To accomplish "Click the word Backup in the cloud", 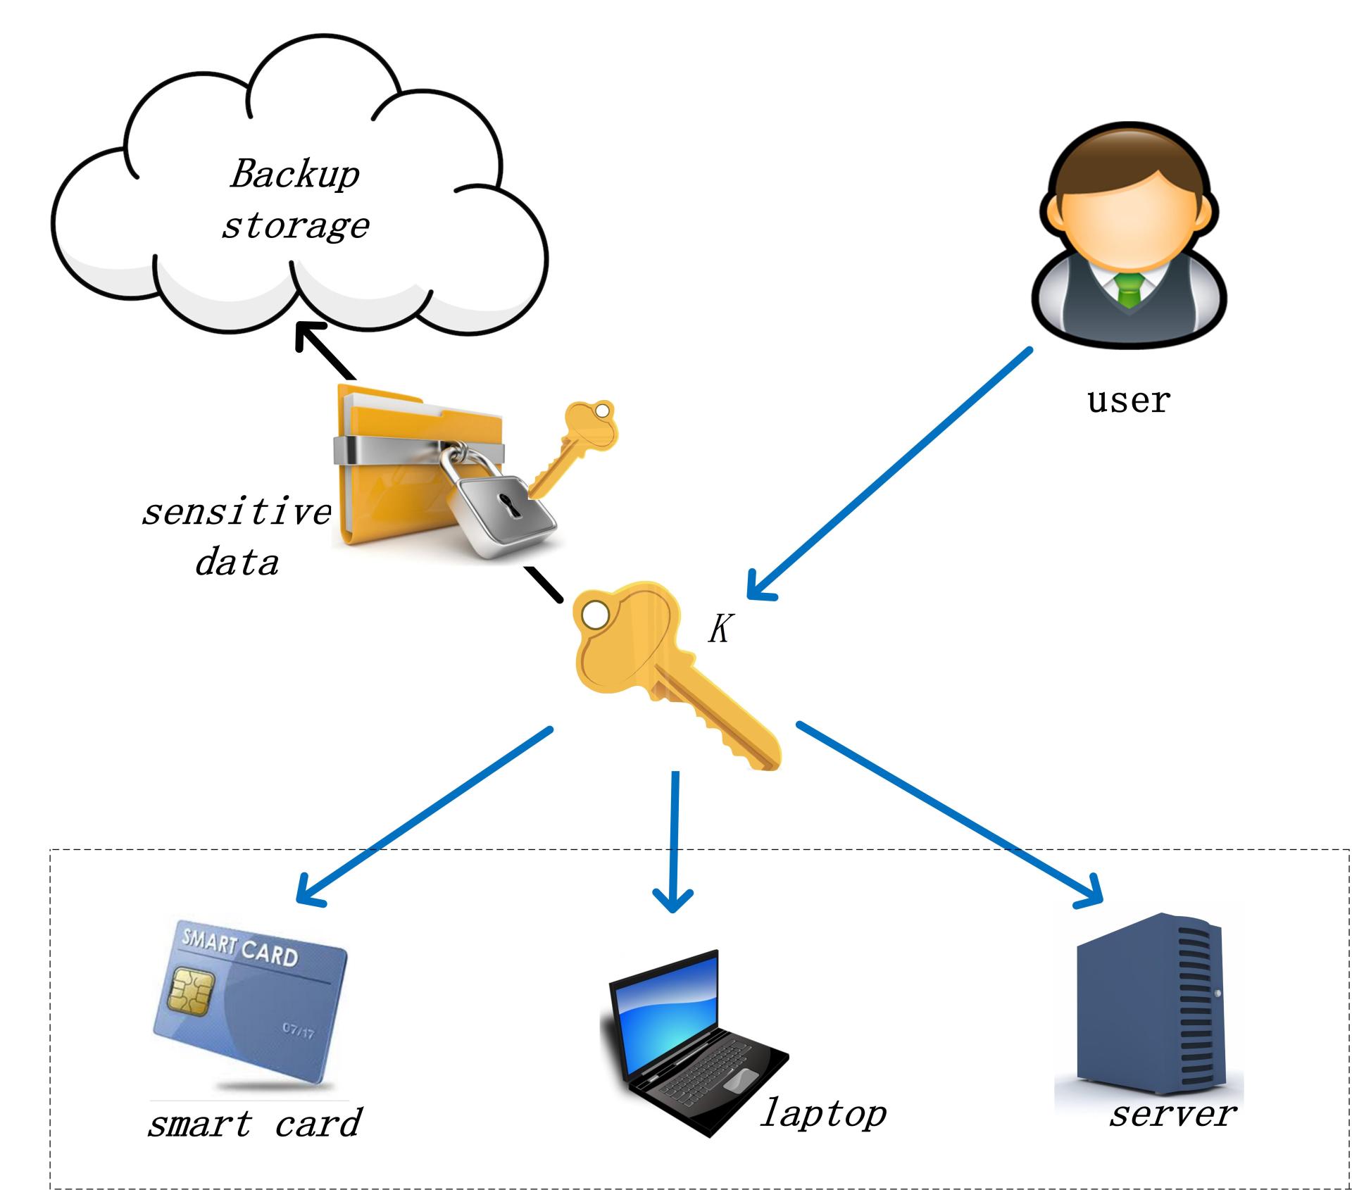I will tap(294, 174).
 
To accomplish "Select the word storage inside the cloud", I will tap(296, 226).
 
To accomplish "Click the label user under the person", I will tap(1128, 401).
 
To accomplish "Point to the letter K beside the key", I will tap(720, 629).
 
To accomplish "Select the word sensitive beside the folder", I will tap(237, 512).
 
